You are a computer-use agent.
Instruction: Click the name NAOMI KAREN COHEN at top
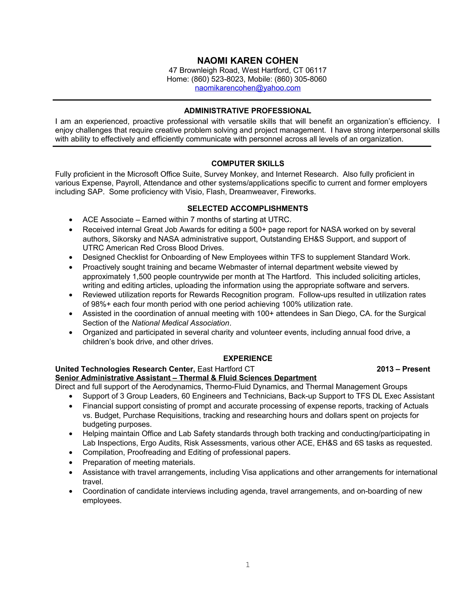point(247,61)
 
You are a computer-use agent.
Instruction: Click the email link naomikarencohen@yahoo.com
point(247,88)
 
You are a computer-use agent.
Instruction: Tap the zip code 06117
point(316,70)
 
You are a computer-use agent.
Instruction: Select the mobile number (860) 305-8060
point(300,79)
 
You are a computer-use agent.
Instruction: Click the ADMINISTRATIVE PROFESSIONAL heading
point(247,111)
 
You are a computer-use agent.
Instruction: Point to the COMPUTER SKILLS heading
point(247,164)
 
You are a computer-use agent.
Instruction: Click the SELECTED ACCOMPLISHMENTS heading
point(247,208)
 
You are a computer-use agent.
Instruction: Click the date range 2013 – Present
point(403,369)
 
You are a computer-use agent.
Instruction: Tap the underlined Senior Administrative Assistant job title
point(186,378)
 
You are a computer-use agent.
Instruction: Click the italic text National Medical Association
point(180,323)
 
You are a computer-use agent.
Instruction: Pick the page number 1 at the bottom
point(247,565)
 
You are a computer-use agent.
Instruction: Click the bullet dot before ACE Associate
point(71,220)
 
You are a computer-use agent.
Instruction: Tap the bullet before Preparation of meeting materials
point(71,463)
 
